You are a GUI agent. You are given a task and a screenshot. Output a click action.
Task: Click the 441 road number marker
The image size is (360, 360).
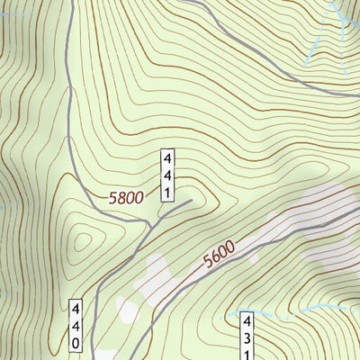pos(167,175)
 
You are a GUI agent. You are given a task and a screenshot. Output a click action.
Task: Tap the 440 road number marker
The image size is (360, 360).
pos(77,326)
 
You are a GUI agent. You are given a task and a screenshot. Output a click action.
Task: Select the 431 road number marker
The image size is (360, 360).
pos(247,335)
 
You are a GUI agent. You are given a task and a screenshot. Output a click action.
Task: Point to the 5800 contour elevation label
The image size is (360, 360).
pos(125,197)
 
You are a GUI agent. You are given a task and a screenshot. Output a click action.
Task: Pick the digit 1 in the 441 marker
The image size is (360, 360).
pos(167,192)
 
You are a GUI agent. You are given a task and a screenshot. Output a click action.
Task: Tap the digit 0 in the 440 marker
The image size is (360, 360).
pos(77,343)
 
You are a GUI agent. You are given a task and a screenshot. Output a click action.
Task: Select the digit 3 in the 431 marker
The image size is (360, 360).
pos(247,336)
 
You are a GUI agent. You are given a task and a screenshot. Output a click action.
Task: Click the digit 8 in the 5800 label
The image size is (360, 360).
pos(120,197)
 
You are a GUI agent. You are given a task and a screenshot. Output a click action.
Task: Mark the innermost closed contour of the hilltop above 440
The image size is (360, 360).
pos(83,241)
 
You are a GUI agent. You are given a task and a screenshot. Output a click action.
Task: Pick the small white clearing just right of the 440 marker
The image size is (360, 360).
pos(126,310)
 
